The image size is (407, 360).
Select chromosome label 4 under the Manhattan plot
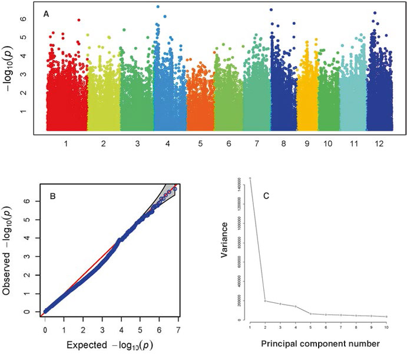coord(168,143)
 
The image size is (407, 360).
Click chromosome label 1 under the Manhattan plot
coord(65,143)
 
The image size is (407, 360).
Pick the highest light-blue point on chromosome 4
coord(158,7)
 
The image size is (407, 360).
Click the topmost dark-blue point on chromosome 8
coord(271,10)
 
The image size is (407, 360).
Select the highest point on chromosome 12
coord(375,13)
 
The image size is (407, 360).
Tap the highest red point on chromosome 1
coord(78,20)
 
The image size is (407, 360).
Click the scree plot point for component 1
coord(250,178)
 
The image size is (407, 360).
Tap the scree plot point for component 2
coord(265,301)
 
